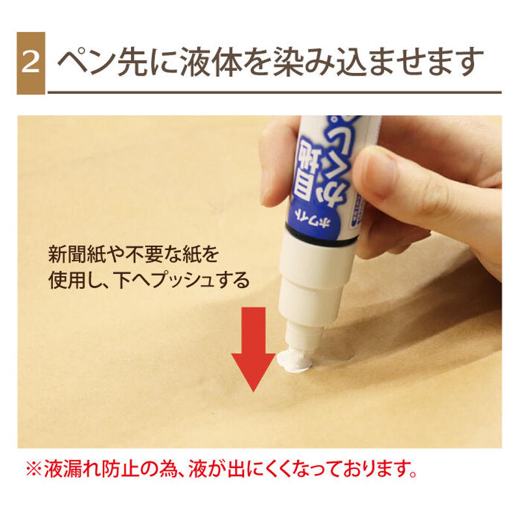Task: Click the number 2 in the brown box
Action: (31, 63)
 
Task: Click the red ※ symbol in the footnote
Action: (32, 469)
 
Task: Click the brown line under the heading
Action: (274, 92)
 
